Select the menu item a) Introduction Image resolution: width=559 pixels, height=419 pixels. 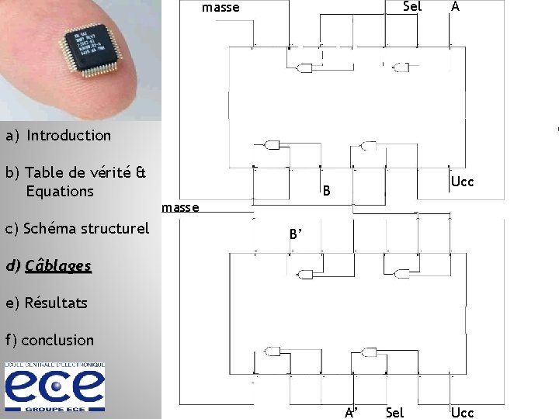[59, 136]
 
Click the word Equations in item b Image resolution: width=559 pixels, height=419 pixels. [60, 192]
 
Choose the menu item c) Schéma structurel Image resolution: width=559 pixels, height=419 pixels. [77, 229]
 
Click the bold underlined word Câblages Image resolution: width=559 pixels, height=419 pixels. [58, 266]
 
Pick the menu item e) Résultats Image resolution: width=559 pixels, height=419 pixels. [46, 303]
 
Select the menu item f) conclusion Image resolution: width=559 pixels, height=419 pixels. [49, 341]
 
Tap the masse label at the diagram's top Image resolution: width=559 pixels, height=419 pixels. [220, 9]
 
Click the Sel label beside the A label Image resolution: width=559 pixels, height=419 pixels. [412, 7]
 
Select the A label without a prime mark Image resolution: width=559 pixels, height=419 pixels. [455, 7]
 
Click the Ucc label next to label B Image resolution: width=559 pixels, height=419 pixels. [463, 182]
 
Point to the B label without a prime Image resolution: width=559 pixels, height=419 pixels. [327, 191]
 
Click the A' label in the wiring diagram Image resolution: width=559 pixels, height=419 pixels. [351, 412]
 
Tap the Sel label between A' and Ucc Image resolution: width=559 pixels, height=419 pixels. [394, 412]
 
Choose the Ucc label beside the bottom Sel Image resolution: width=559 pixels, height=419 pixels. [462, 412]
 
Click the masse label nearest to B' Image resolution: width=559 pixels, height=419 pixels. [180, 208]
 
